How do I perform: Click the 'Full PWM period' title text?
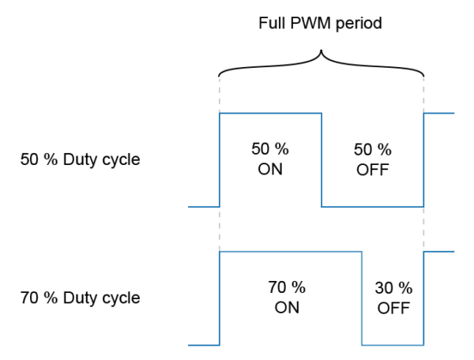[x=321, y=23]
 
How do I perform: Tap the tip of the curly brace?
[x=321, y=53]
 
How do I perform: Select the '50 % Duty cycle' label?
[x=80, y=159]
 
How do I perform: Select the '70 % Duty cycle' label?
[x=80, y=298]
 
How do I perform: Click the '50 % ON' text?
[x=270, y=159]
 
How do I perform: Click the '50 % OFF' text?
[x=372, y=159]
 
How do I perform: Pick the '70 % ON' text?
[x=287, y=297]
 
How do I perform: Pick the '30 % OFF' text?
[x=393, y=297]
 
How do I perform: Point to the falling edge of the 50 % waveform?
[x=322, y=159]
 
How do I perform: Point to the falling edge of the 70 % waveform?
[x=362, y=298]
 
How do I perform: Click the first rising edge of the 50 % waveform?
[x=219, y=159]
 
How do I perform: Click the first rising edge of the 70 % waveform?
[x=219, y=298]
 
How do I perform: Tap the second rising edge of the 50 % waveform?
[x=424, y=159]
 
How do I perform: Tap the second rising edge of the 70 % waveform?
[x=424, y=298]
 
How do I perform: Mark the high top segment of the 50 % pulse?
[x=270, y=113]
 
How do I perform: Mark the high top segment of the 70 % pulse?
[x=290, y=252]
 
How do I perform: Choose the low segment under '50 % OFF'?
[x=373, y=206]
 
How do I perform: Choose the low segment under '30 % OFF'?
[x=393, y=345]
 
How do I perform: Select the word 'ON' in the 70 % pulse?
[x=287, y=307]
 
